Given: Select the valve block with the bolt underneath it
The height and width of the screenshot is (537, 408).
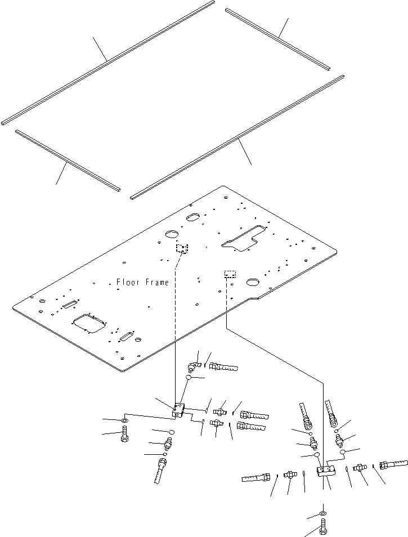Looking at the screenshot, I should click(x=326, y=471).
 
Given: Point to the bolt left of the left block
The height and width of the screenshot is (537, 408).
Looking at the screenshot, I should click(x=124, y=435).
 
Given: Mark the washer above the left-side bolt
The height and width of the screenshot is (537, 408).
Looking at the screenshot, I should click(x=124, y=420).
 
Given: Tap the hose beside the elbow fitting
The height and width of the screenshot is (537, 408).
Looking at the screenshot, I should click(x=223, y=368).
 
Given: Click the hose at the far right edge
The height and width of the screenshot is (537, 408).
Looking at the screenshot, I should click(x=392, y=465).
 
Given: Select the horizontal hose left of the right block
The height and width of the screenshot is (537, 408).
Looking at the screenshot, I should click(x=257, y=478).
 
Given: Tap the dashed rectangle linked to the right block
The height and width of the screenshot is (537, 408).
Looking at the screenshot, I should click(x=230, y=274).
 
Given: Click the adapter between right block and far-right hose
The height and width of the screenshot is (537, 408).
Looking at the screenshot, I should click(x=358, y=467).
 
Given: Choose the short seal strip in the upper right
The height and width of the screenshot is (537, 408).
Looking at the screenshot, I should click(x=277, y=38).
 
